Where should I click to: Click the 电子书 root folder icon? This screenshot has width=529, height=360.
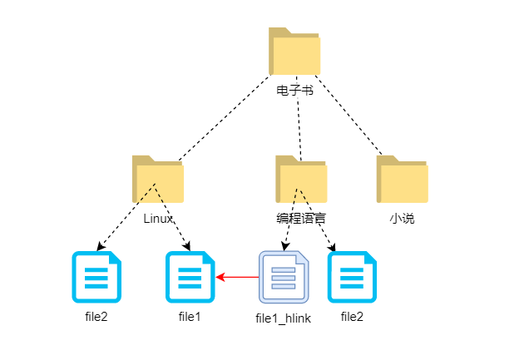coord(294,52)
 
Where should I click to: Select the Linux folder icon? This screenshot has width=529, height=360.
coord(157,179)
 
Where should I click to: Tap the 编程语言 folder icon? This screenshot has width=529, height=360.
coord(301,179)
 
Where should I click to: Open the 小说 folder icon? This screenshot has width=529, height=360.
coord(403,179)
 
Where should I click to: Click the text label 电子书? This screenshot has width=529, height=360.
coord(294,89)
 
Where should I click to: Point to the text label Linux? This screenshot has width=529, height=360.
coord(158,219)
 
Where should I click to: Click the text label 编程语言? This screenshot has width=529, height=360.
coord(301,219)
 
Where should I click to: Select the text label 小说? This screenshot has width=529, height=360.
coord(403,219)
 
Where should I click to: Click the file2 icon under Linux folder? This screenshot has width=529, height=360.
coord(96,276)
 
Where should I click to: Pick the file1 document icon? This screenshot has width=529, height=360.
coord(190,276)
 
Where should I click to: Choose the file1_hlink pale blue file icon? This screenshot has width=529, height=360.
coord(284,276)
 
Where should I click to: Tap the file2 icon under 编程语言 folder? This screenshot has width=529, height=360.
coord(353,276)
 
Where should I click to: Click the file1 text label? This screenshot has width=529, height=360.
coord(190,316)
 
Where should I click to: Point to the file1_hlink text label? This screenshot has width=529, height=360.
coord(284,317)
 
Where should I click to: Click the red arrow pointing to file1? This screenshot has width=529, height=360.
coord(237,276)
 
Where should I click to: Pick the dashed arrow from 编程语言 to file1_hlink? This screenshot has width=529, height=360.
coord(289,224)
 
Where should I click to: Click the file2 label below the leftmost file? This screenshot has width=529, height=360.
coord(96,316)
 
